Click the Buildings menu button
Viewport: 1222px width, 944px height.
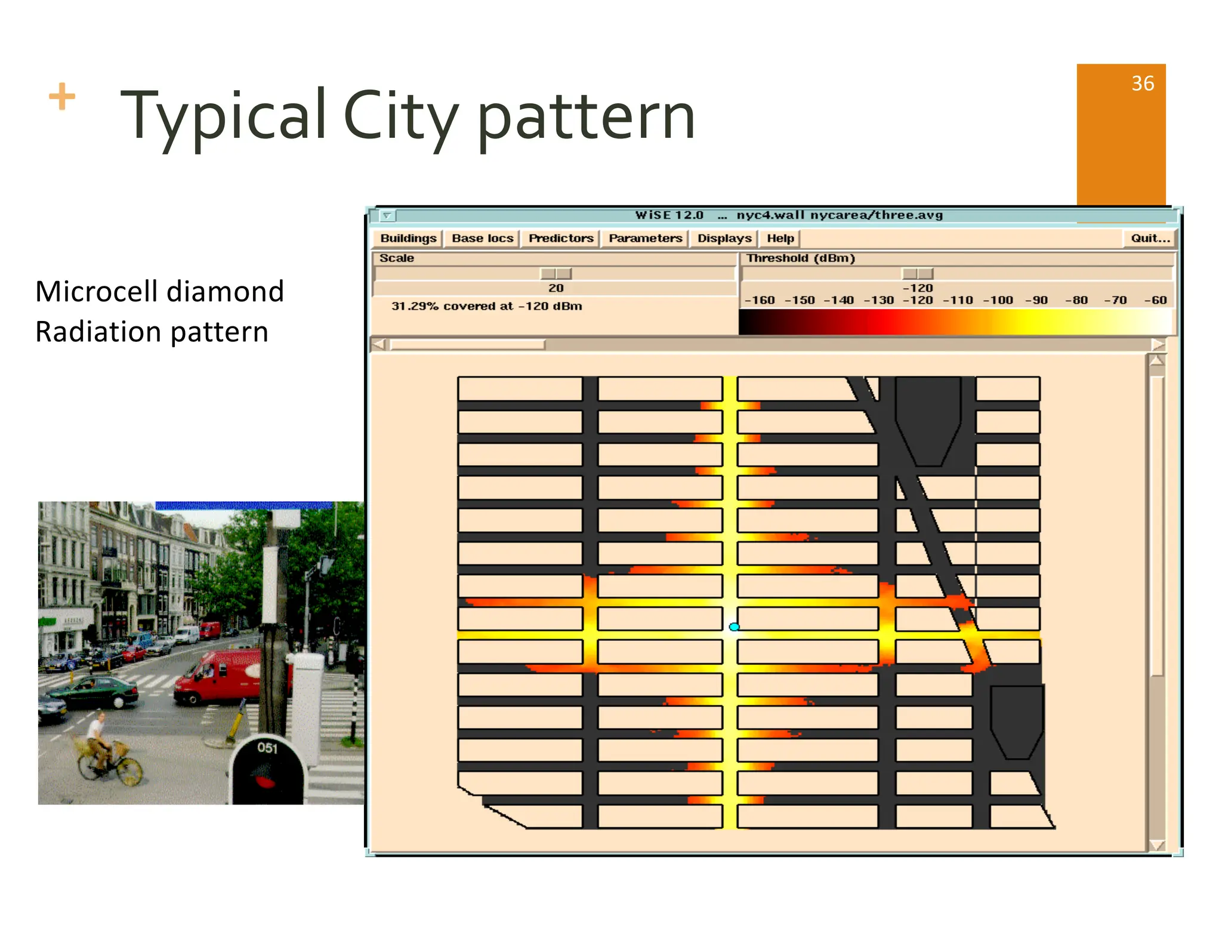pyautogui.click(x=408, y=238)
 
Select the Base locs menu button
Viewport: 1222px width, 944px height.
pyautogui.click(x=482, y=238)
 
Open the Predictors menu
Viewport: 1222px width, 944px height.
pyautogui.click(x=561, y=238)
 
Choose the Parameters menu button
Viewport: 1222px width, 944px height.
pyautogui.click(x=645, y=238)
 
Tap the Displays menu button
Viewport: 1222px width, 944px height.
pyautogui.click(x=724, y=238)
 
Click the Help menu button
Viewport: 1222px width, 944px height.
pyautogui.click(x=780, y=238)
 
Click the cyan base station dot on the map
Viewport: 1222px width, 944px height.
pyautogui.click(x=734, y=627)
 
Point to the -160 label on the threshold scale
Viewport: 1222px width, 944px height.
pyautogui.click(x=760, y=300)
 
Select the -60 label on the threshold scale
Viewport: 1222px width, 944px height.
pyautogui.click(x=1155, y=300)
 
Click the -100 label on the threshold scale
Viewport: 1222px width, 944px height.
pyautogui.click(x=998, y=300)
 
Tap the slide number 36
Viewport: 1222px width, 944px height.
pyautogui.click(x=1143, y=84)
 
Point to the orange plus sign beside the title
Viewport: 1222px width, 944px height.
pyautogui.click(x=62, y=97)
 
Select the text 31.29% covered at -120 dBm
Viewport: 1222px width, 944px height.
pyautogui.click(x=486, y=306)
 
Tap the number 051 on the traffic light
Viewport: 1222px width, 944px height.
pyautogui.click(x=267, y=748)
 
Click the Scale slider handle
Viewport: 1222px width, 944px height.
pyautogui.click(x=556, y=273)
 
